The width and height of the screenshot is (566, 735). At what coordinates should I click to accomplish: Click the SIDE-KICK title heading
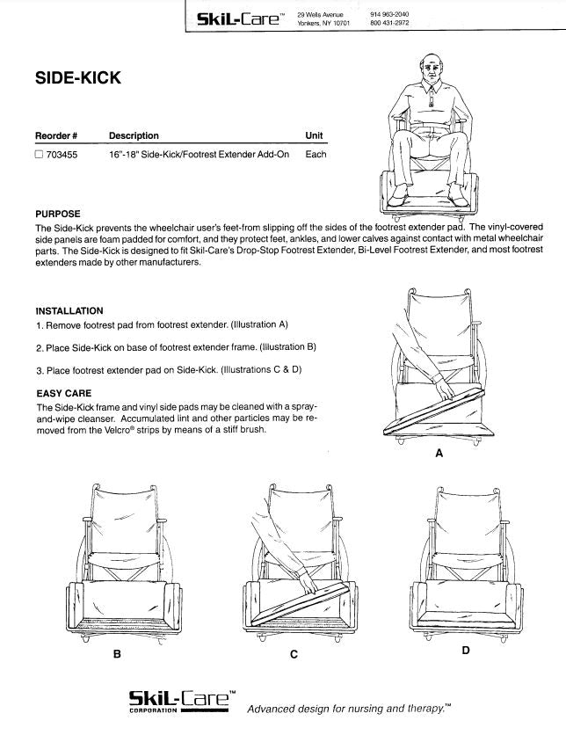(78, 78)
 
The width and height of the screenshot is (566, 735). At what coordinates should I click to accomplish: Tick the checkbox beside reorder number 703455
(39, 155)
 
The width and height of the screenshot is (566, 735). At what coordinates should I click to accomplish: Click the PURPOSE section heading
(58, 214)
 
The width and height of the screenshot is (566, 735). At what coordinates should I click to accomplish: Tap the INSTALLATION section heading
(69, 310)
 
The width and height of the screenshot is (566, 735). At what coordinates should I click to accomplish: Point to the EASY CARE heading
(63, 393)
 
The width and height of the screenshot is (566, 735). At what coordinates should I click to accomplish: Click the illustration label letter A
(439, 454)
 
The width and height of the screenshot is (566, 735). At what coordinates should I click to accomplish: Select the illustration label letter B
(116, 655)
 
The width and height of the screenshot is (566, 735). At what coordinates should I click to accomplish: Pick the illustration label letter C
(294, 655)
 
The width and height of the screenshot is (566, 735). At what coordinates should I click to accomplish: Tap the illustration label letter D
(465, 651)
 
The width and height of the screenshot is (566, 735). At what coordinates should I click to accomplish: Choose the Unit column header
(314, 135)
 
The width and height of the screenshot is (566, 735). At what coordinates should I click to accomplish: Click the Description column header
(134, 135)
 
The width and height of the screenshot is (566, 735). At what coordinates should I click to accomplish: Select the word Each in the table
(316, 155)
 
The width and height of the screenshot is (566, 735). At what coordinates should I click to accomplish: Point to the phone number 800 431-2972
(389, 23)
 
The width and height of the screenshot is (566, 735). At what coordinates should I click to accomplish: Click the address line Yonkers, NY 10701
(323, 23)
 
